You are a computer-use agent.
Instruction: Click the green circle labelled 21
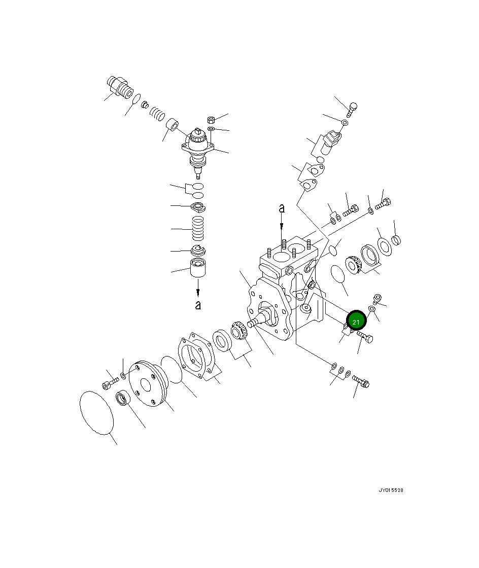tap(356, 322)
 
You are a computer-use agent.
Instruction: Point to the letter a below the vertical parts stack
tap(198, 305)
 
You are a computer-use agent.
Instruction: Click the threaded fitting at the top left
tap(120, 87)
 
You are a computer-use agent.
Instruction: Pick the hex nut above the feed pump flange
tap(212, 120)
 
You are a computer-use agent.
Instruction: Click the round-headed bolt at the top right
tap(353, 108)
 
